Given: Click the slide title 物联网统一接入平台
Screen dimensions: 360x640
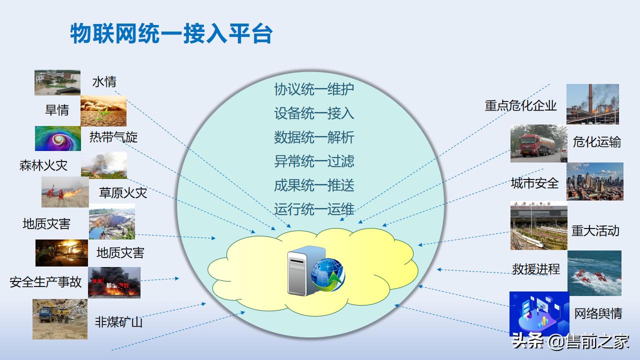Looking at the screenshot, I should tap(171, 34).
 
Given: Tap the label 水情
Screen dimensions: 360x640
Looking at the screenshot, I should tap(104, 81).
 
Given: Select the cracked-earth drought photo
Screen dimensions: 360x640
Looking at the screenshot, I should tap(103, 110).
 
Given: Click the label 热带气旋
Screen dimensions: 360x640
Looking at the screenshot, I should tap(113, 137).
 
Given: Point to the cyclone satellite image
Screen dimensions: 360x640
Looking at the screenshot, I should tap(58, 138).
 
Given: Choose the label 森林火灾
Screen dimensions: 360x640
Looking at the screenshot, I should tap(43, 165).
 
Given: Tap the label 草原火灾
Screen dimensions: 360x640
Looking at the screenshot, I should tap(123, 193).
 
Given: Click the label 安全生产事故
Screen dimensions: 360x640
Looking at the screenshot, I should tap(45, 282).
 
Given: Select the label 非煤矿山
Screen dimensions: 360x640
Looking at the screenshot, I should tap(118, 321).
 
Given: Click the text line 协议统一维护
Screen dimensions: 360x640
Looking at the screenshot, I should tap(314, 89).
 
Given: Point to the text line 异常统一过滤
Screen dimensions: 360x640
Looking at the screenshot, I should tap(314, 161).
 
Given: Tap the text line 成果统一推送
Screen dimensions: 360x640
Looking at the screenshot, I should tap(314, 185).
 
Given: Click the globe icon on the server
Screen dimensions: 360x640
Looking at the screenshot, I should tap(328, 274).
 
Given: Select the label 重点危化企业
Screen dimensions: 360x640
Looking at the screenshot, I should tap(520, 105).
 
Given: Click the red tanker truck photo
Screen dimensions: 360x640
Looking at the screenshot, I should tap(538, 143).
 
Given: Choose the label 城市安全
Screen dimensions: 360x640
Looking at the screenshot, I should tap(534, 183).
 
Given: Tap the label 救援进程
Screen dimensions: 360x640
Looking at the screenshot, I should tap(535, 269).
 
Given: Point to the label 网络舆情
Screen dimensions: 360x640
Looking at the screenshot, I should tap(598, 313).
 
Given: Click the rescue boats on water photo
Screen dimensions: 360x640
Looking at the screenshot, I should tap(594, 273).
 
